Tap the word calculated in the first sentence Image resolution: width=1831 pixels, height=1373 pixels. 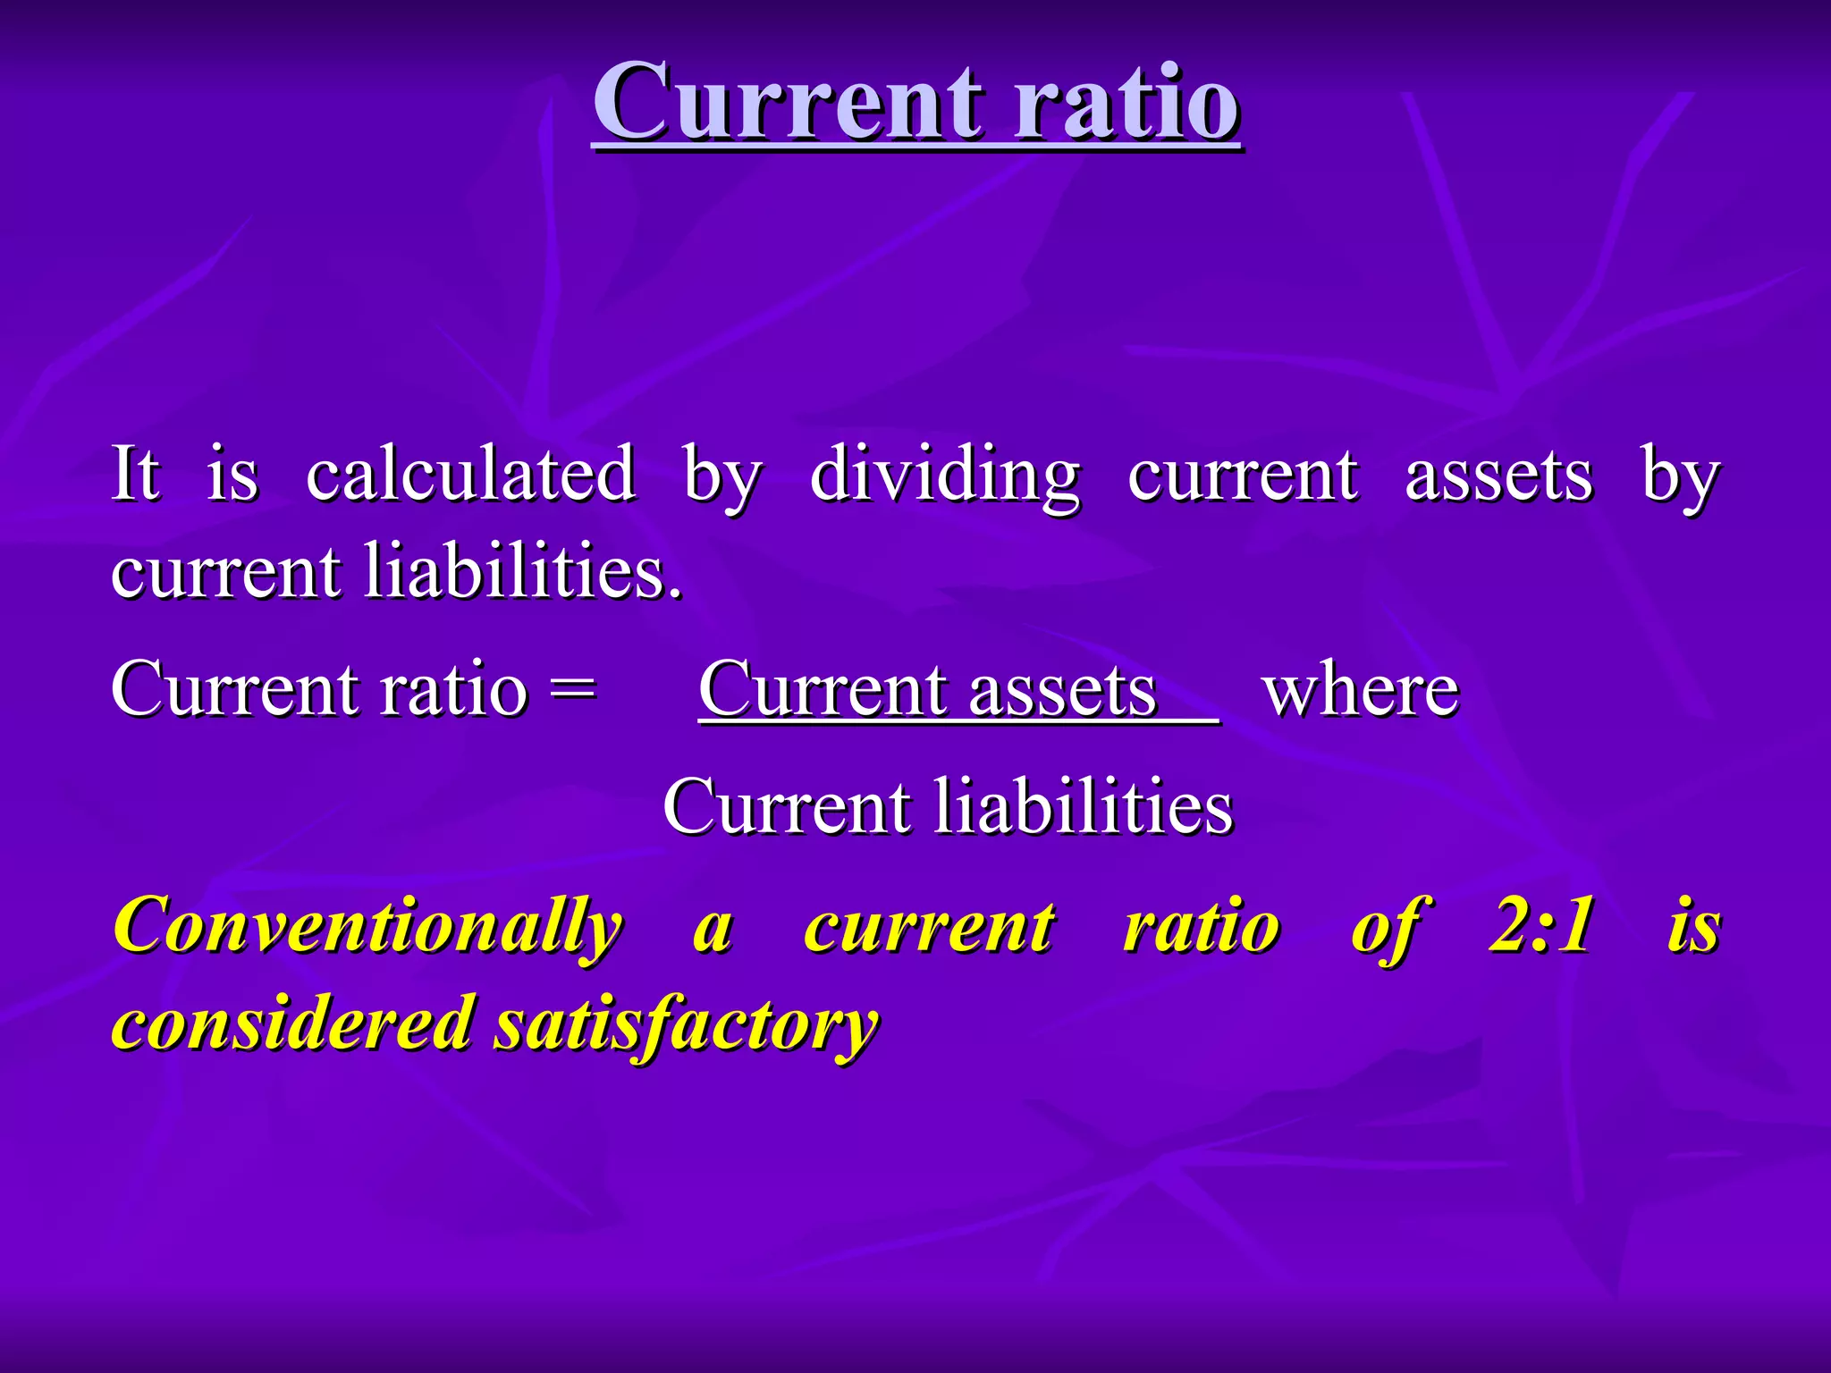(470, 474)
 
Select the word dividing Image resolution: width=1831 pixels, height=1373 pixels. (944, 474)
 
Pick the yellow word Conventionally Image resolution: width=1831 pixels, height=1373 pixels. (367, 926)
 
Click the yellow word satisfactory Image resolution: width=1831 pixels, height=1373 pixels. (687, 1024)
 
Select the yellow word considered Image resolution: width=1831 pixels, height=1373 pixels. (292, 1023)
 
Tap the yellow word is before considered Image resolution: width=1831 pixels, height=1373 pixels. (1693, 924)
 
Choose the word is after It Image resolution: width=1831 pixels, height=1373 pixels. (232, 474)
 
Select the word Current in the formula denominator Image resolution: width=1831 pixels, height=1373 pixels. (787, 806)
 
